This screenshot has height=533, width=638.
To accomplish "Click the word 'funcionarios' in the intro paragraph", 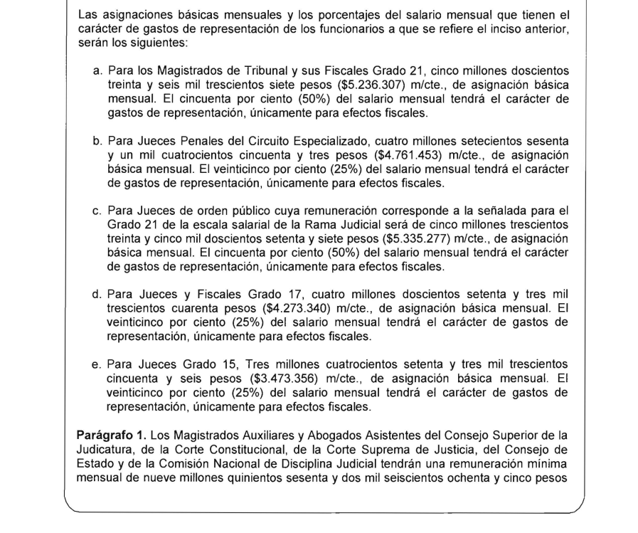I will click(353, 27).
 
